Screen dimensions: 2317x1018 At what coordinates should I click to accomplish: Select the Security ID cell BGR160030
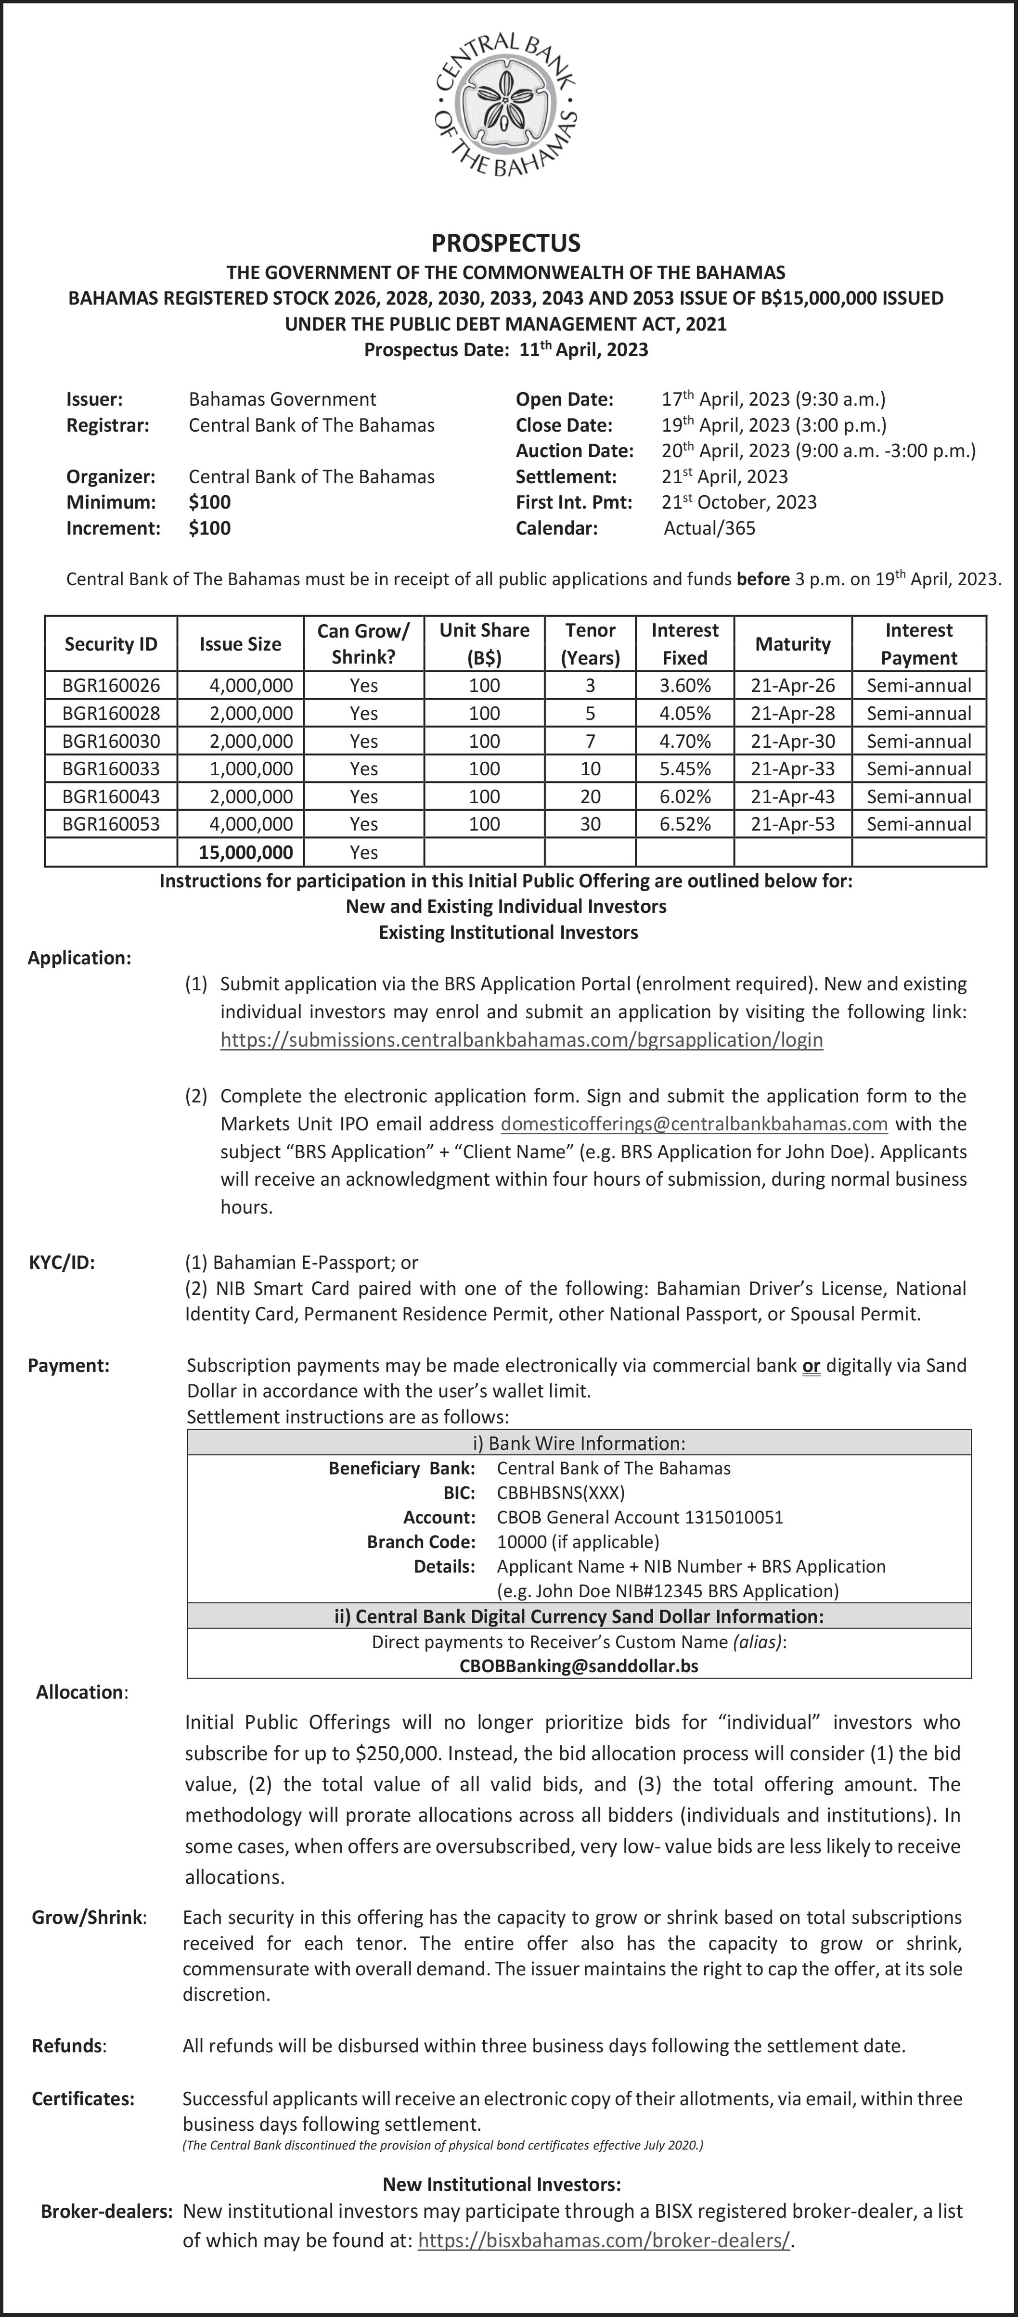click(112, 741)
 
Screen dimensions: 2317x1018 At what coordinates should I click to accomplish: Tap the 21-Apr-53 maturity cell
click(792, 824)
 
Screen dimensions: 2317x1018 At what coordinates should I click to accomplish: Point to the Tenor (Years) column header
click(590, 644)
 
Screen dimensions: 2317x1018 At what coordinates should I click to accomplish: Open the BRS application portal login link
click(522, 1040)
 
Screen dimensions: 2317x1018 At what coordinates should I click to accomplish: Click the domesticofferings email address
click(694, 1124)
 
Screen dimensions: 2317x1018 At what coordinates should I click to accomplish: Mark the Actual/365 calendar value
click(709, 528)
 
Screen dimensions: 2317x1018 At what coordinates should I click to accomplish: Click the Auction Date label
click(574, 450)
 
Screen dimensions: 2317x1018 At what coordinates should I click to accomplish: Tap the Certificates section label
click(83, 2099)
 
